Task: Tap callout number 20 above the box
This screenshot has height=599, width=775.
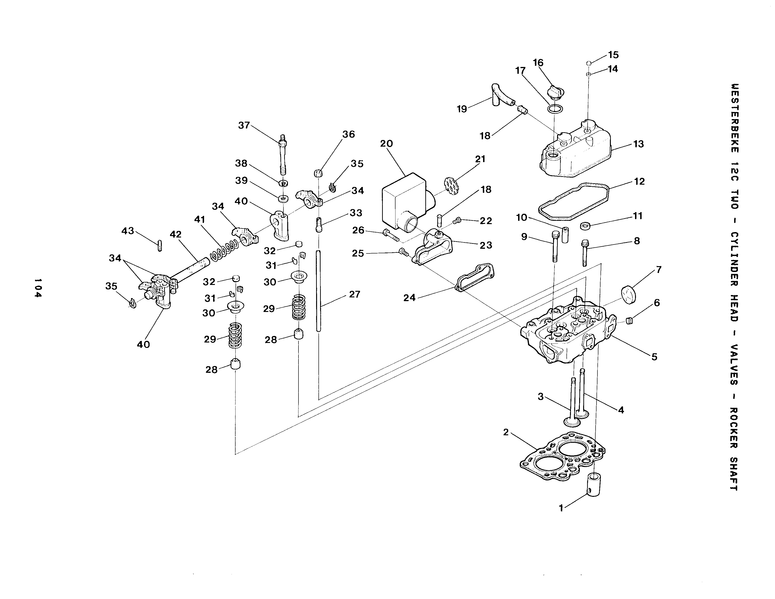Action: (386, 144)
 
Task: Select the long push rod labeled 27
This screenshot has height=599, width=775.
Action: (318, 291)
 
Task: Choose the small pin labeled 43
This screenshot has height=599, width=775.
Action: (159, 245)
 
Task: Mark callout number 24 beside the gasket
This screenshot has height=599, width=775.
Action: (409, 298)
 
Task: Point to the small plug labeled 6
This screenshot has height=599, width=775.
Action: (629, 322)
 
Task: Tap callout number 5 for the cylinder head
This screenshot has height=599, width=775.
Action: (654, 357)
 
